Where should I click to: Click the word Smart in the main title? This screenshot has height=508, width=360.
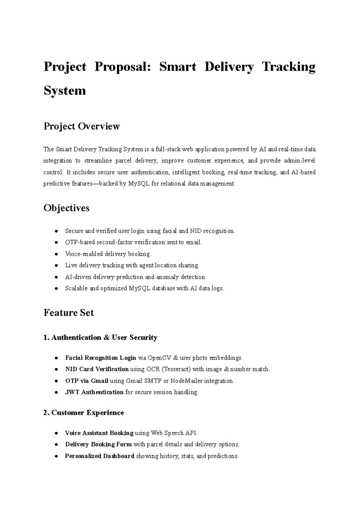coord(177,67)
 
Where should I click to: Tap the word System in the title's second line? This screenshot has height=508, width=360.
coord(65,91)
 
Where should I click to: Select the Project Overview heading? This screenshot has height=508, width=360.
coord(82,126)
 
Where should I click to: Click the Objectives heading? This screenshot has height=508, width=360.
coord(66,208)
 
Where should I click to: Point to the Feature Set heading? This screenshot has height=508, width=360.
coord(69,313)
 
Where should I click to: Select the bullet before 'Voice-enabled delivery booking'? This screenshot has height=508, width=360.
coord(56,254)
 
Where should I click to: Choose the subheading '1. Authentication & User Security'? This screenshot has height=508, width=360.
coord(100,338)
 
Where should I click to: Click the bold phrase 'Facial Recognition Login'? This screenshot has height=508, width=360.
coord(100,358)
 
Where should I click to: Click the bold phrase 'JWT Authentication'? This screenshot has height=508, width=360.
coord(94,392)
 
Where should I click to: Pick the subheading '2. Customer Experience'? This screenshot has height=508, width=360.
coord(84,413)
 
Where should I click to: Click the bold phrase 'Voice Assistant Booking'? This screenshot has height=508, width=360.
coord(99,433)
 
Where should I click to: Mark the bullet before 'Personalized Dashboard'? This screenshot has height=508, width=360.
coord(56,456)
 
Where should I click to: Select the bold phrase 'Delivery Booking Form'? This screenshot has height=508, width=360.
coord(98,444)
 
